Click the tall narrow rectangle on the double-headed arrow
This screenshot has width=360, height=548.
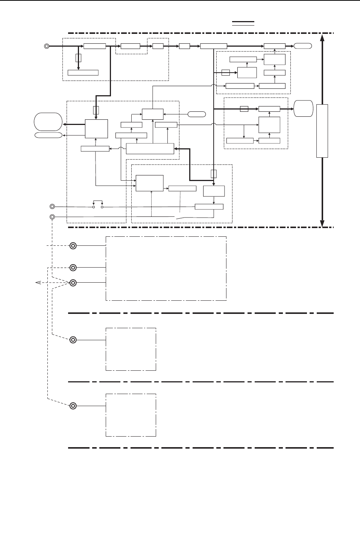(x=322, y=131)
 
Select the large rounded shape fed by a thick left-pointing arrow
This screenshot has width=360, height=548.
(x=48, y=122)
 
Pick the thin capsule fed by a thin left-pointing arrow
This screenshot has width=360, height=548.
(x=48, y=135)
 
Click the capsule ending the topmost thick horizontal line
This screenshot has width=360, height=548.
(x=303, y=46)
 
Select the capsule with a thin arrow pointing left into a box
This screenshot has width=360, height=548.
(x=196, y=114)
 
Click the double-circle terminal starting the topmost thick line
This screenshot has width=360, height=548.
(x=47, y=46)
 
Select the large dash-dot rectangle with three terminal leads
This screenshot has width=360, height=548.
(x=166, y=268)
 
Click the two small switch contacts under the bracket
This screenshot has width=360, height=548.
(x=98, y=207)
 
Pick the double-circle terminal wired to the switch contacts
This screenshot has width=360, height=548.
(x=52, y=206)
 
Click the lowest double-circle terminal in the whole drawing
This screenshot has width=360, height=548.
(x=73, y=406)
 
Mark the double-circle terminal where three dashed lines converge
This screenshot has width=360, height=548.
(x=73, y=283)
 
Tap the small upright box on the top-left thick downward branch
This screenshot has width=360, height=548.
(x=78, y=58)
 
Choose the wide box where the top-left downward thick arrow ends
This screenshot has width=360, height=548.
(x=83, y=73)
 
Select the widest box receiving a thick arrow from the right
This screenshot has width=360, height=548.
(x=150, y=149)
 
